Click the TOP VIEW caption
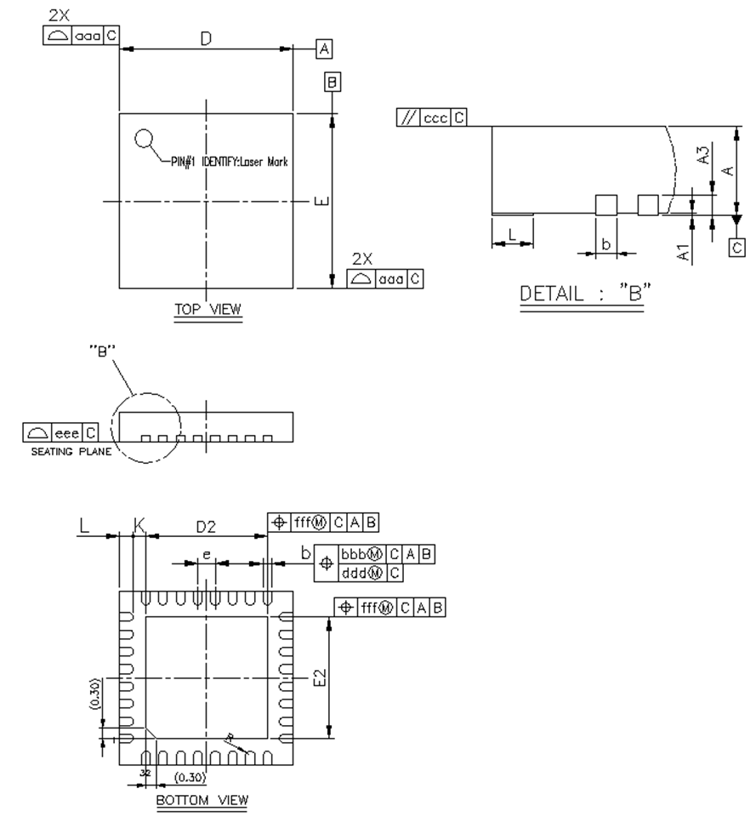pyautogui.click(x=207, y=311)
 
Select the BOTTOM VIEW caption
pyautogui.click(x=202, y=800)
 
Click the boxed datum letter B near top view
pyautogui.click(x=333, y=82)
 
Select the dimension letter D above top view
pyautogui.click(x=206, y=39)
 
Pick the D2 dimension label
pyautogui.click(x=206, y=528)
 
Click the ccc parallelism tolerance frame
pyautogui.click(x=431, y=118)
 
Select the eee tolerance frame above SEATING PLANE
pyautogui.click(x=60, y=434)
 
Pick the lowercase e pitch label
pyautogui.click(x=206, y=555)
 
